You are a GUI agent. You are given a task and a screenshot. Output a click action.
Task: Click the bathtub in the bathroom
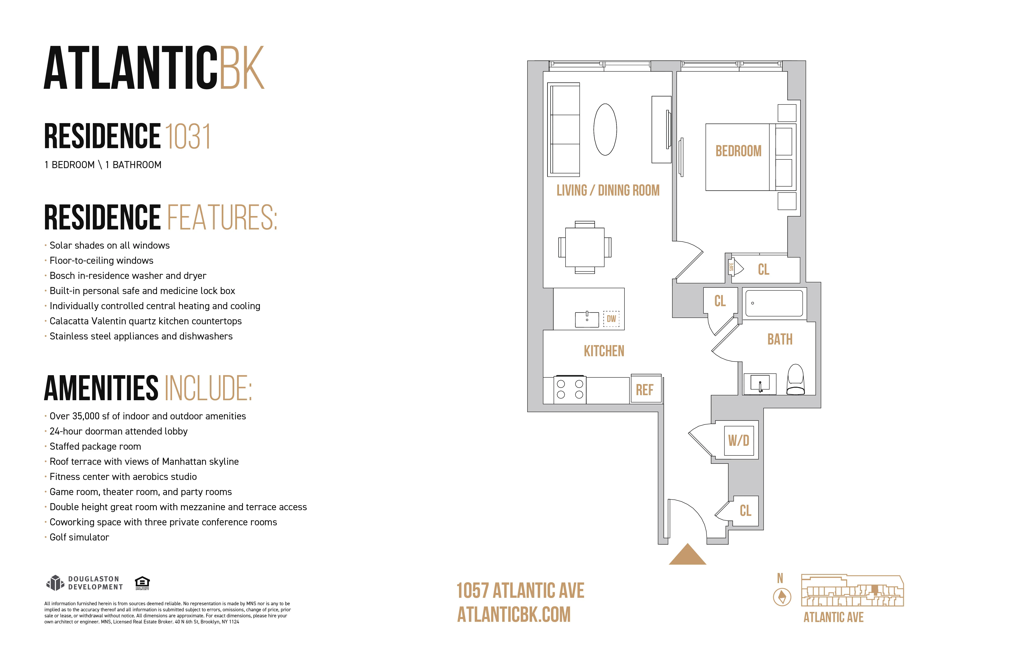coord(774,303)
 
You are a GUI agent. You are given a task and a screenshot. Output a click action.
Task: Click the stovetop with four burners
coord(570,389)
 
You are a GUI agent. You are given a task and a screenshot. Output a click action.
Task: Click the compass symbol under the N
coord(782,597)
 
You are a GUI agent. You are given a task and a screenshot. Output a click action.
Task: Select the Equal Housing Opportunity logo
coord(142,582)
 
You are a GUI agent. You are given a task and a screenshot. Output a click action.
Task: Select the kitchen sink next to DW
coord(587,319)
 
